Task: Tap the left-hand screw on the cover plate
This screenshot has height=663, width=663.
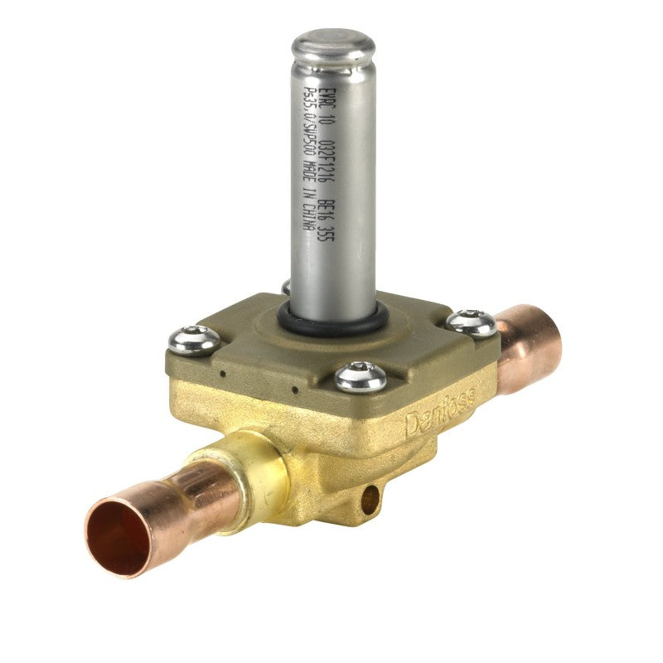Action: point(195,339)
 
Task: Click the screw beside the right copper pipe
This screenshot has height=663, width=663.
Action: point(472,322)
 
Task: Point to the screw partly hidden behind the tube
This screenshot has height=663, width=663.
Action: point(286,286)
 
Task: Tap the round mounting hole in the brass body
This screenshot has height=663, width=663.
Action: point(370,497)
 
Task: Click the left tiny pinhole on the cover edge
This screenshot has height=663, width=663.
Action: point(221,374)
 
